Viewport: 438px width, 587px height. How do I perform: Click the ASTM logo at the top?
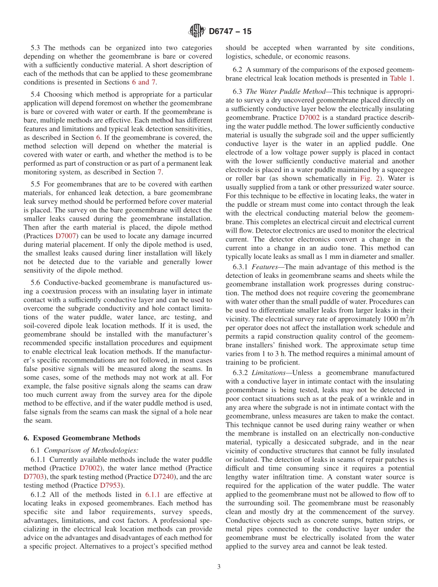click(197, 31)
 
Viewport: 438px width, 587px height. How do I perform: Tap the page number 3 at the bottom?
click(219, 567)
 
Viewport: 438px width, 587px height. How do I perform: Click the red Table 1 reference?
click(401, 78)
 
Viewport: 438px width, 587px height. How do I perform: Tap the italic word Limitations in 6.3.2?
click(270, 372)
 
